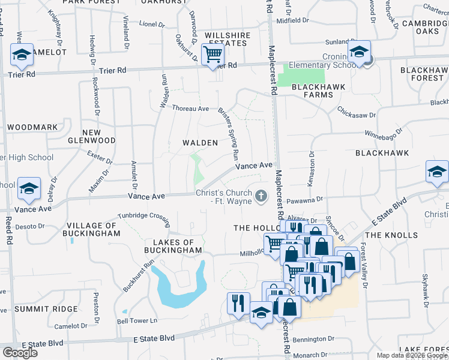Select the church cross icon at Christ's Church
click(x=261, y=196)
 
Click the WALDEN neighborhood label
click(x=200, y=143)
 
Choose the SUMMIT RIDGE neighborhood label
click(x=46, y=308)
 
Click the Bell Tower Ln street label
click(x=137, y=321)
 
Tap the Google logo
click(x=20, y=352)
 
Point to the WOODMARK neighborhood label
click(x=32, y=127)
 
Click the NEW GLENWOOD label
click(x=99, y=136)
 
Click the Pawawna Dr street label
click(x=306, y=199)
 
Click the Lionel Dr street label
click(x=152, y=25)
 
